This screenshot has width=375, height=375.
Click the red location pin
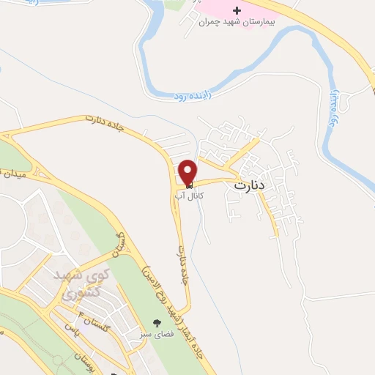point(187,172)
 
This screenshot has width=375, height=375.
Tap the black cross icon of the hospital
point(237,11)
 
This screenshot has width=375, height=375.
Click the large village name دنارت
point(250,186)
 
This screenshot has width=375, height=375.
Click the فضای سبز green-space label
point(155,334)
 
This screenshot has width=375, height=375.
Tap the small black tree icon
point(155,322)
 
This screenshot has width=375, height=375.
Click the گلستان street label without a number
point(121,245)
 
